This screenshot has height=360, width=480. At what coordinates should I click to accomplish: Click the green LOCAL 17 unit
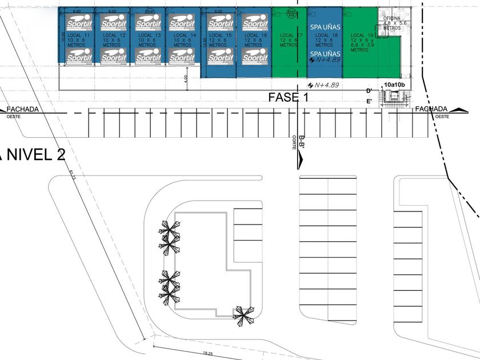point(289,51)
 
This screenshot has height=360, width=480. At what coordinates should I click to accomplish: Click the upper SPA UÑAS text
point(324,27)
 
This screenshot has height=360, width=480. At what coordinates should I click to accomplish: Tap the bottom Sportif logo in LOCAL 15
point(220,57)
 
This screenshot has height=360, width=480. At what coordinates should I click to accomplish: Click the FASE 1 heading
point(288,98)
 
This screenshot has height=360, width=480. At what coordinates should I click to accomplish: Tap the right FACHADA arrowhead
point(458,109)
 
